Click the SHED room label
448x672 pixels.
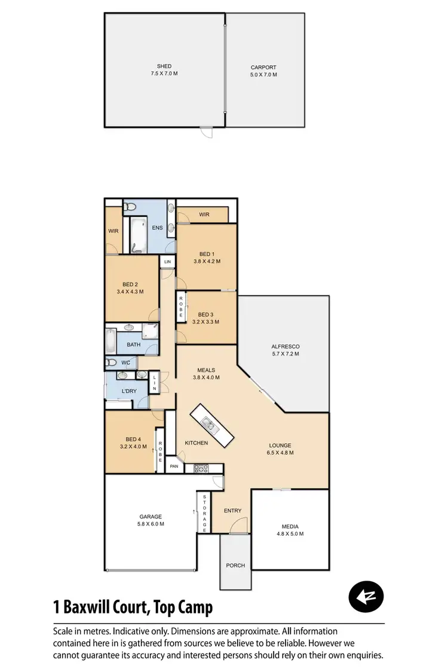(164, 66)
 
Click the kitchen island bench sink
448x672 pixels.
(209, 425)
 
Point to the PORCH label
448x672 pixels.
(235, 565)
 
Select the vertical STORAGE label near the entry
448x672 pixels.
(204, 513)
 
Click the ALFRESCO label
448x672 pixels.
(284, 346)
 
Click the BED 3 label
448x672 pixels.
(205, 314)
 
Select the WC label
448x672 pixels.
(125, 363)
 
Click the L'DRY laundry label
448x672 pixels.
(130, 390)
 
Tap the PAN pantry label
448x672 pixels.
(174, 467)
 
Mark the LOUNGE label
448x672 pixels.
(280, 445)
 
